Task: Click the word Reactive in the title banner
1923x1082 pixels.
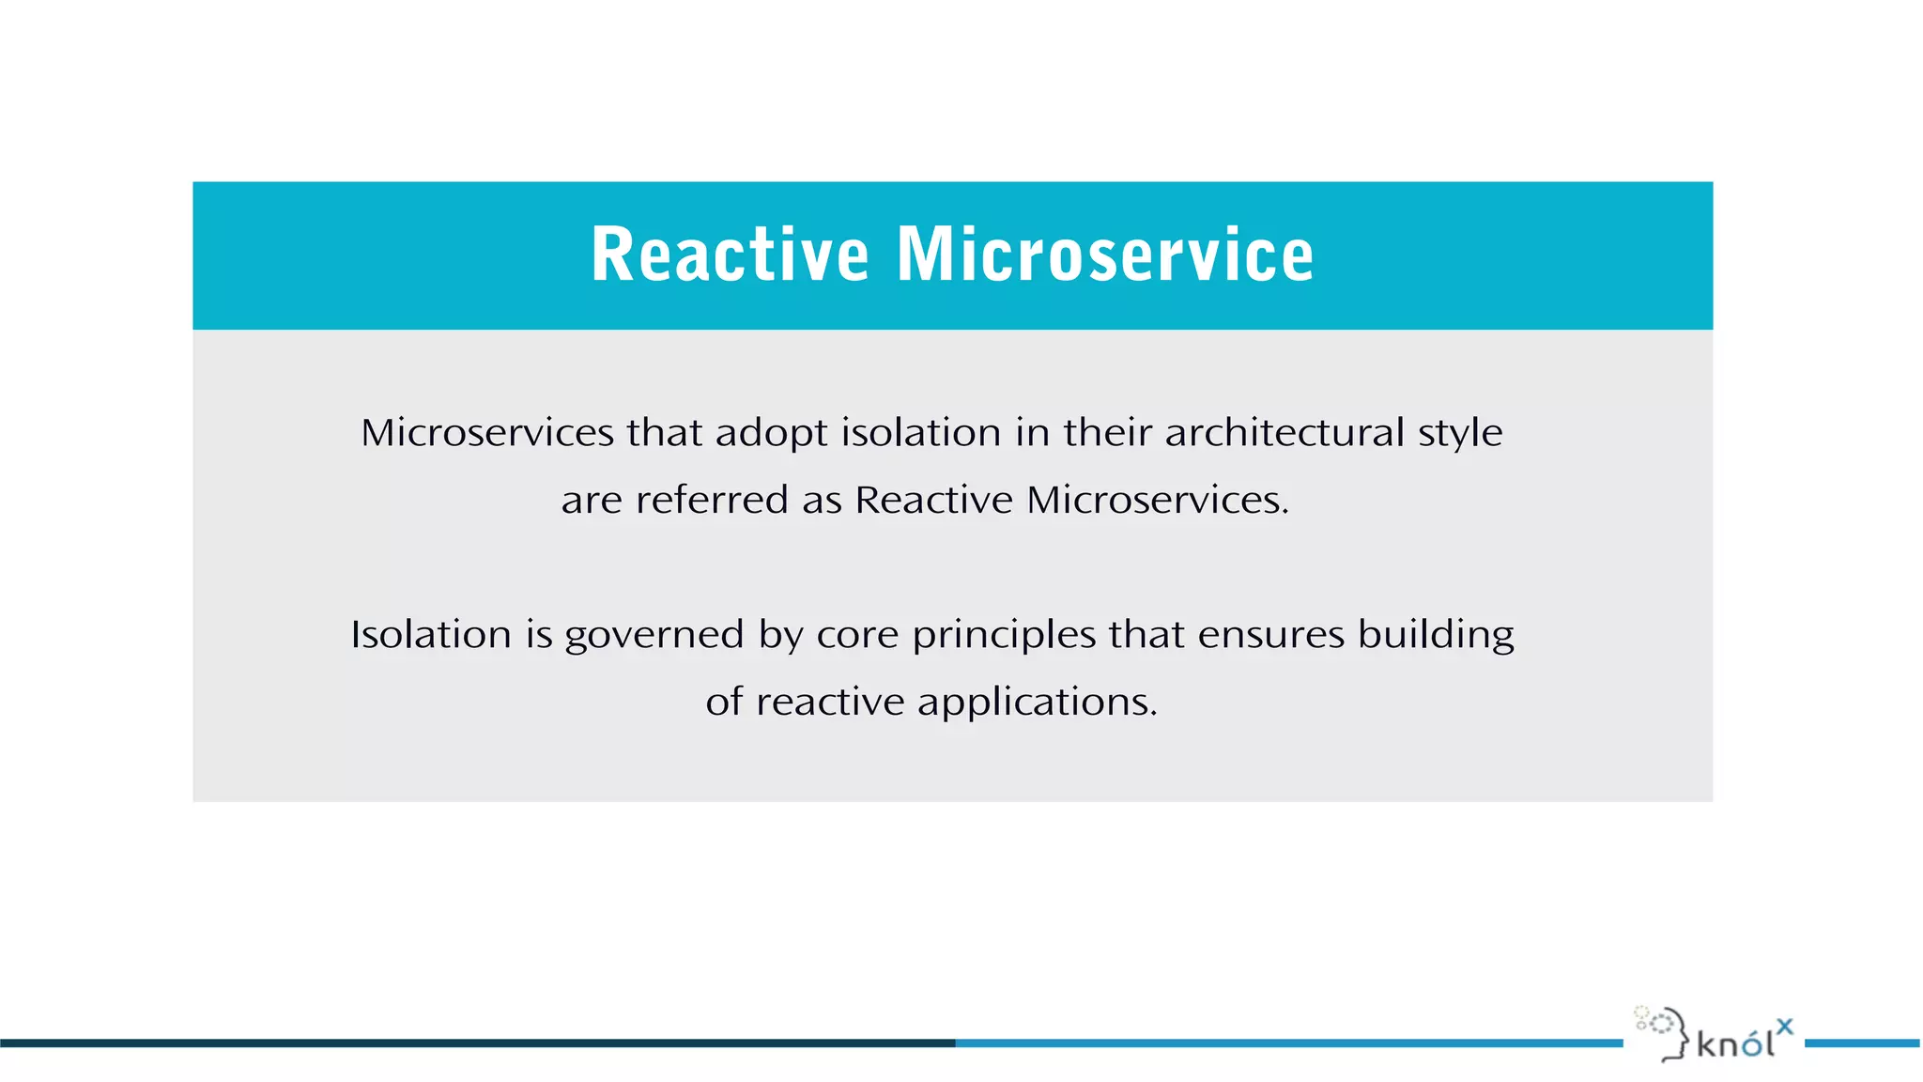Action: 730,255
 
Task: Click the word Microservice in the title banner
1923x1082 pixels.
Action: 1105,255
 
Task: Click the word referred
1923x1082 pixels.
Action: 712,500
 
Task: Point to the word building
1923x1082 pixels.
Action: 1436,636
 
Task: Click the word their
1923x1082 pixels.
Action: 1107,433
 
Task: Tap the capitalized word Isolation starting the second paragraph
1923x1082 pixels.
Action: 431,635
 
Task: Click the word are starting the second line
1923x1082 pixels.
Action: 592,501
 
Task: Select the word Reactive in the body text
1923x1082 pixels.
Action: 934,500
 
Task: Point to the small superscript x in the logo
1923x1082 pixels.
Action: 1785,1027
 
